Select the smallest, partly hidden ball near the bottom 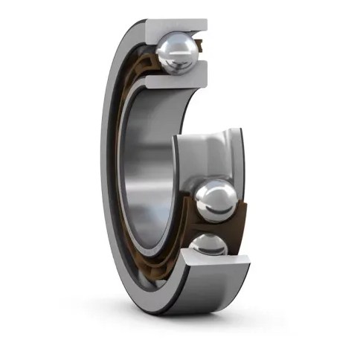click(208, 246)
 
